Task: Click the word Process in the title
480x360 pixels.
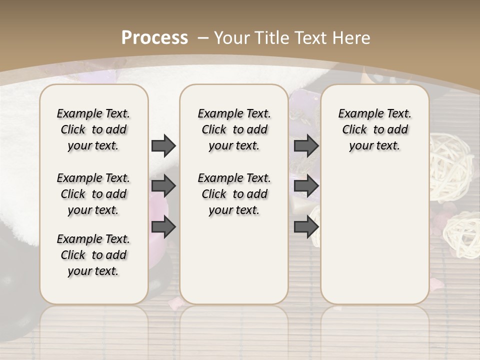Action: pyautogui.click(x=154, y=37)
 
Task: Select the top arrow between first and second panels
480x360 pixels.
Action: pyautogui.click(x=163, y=145)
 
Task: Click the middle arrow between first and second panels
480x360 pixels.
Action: pyautogui.click(x=163, y=186)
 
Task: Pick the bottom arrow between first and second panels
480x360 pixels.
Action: pyautogui.click(x=163, y=227)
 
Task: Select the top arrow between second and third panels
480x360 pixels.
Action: pyautogui.click(x=306, y=145)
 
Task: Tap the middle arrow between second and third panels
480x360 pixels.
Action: pyautogui.click(x=306, y=186)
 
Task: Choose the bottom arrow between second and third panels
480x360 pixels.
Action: pyautogui.click(x=306, y=227)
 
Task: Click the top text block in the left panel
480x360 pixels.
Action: pyautogui.click(x=93, y=129)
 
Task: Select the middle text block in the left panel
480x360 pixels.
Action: pyautogui.click(x=93, y=194)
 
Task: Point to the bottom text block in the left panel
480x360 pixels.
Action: pyautogui.click(x=93, y=255)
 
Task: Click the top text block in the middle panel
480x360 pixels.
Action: pyautogui.click(x=234, y=129)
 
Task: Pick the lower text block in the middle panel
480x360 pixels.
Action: pyautogui.click(x=234, y=194)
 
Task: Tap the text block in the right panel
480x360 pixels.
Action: pyautogui.click(x=375, y=129)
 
